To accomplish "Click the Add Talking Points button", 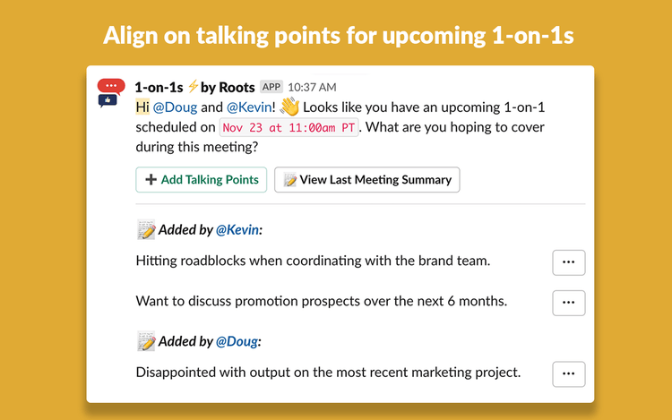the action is coord(201,179).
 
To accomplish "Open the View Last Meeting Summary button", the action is coord(366,179).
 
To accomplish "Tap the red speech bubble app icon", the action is coord(111,86).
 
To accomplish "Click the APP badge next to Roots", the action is coord(271,87).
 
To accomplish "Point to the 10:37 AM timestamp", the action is coord(312,88).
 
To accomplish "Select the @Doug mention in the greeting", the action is coord(175,107).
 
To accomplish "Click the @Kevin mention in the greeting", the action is coord(249,107).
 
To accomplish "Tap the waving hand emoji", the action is coord(289,107).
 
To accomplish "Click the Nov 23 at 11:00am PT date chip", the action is coord(289,127).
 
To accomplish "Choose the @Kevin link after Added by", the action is coord(237,230).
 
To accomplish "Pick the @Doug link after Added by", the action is coord(237,341).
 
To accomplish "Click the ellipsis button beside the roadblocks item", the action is coord(569,262).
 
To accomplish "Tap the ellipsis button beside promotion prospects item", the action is coord(569,303).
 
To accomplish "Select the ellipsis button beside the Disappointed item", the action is coord(569,374).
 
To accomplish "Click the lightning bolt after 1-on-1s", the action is coord(193,86).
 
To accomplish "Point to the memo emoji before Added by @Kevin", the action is coord(146,230).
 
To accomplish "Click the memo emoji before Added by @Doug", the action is coord(146,341).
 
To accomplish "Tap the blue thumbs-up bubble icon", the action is coord(108,101).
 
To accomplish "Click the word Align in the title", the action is coord(130,36).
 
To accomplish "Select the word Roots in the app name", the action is coord(237,88).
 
